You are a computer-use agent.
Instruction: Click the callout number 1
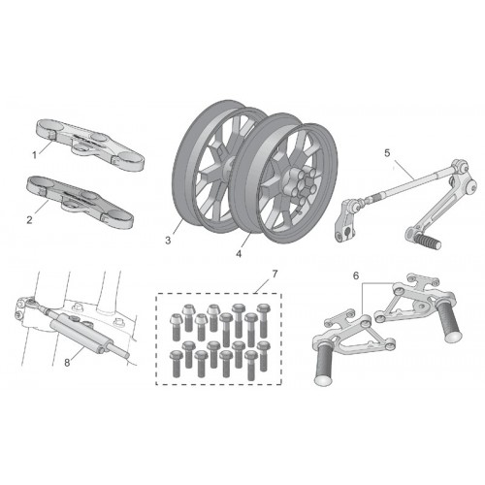(34, 155)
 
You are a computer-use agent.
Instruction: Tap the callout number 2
(29, 220)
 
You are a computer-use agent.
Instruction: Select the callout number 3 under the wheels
(168, 241)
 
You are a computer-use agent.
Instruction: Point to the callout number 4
(239, 254)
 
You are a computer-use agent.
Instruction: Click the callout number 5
(387, 153)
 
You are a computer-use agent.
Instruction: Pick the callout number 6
(356, 275)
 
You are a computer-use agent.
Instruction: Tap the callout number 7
(275, 275)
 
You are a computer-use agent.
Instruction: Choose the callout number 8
(67, 363)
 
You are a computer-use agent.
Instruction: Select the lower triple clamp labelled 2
(81, 201)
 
